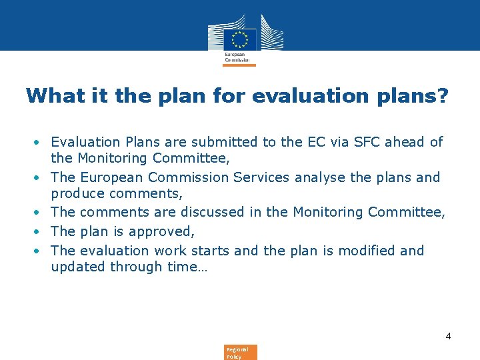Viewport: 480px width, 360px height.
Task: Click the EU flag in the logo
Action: tap(239, 38)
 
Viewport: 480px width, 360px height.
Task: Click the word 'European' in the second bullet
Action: tap(113, 177)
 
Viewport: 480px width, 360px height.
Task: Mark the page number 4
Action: tap(448, 336)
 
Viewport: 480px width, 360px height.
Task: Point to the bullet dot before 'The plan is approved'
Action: tap(40, 231)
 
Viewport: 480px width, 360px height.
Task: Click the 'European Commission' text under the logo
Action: tap(237, 57)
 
